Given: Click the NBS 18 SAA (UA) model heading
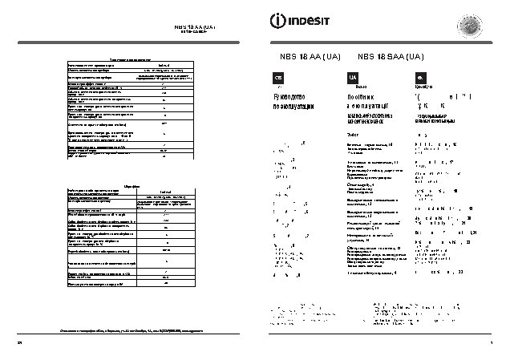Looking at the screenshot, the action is tap(387, 57).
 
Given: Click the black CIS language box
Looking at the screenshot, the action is tap(279, 77).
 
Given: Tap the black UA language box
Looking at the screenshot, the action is tap(351, 77).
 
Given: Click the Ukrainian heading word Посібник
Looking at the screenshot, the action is tap(362, 96).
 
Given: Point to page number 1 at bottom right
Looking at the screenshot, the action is tap(489, 342).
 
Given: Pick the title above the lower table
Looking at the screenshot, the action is tap(132, 180).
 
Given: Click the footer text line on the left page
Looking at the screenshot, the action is tap(132, 330).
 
